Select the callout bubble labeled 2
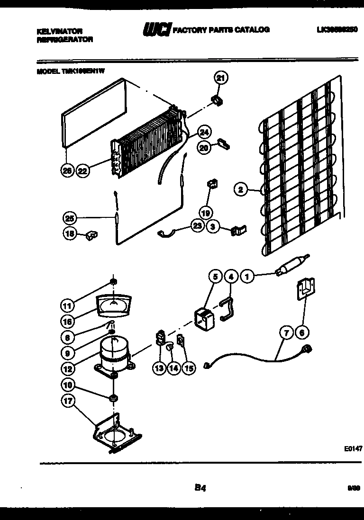point(241,190)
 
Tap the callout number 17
point(69,402)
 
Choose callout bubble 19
point(206,212)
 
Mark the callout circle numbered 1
point(247,276)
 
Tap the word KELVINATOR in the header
point(59,31)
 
